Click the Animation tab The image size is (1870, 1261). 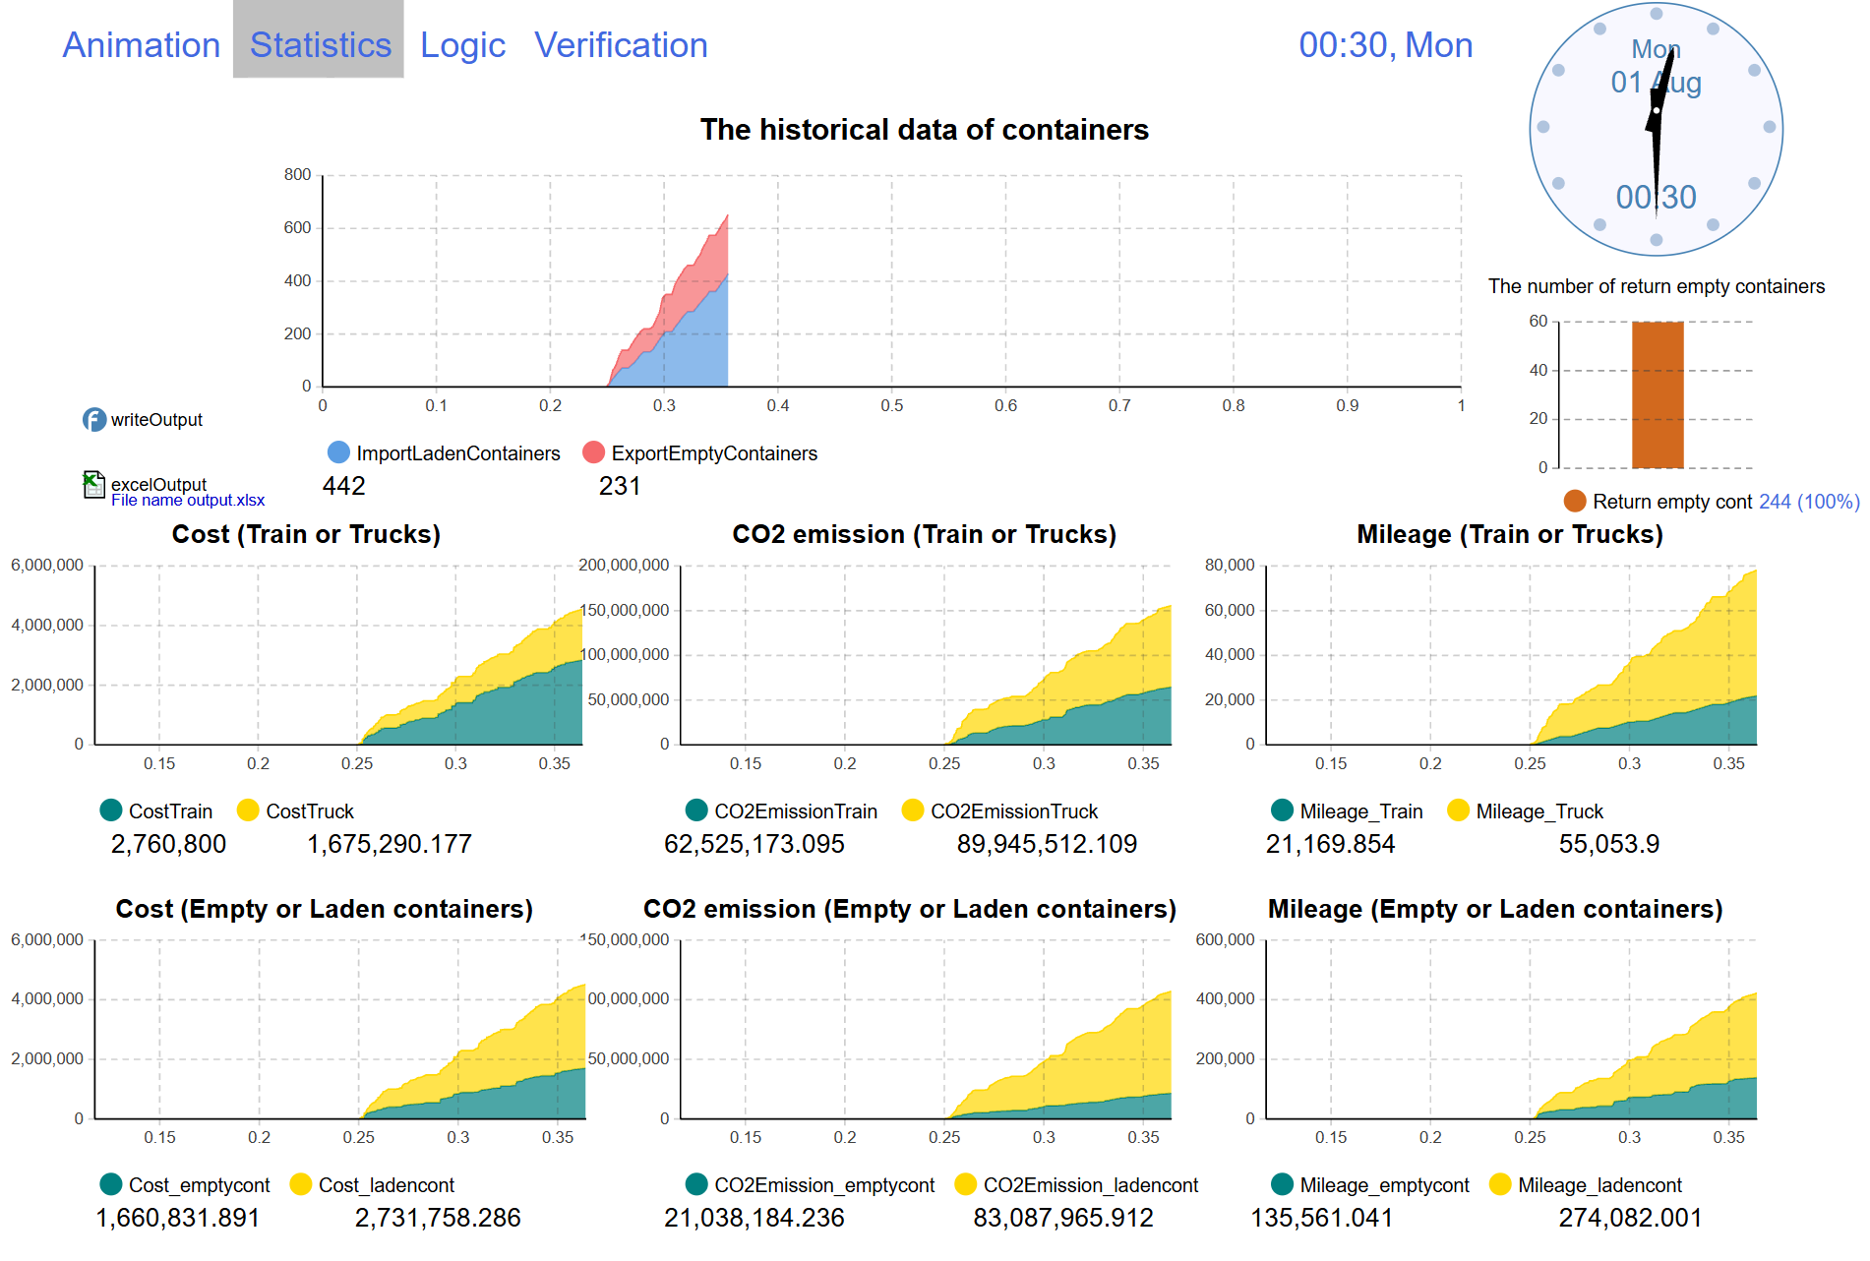pos(141,45)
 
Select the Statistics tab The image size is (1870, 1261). pos(320,45)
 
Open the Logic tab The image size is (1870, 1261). pos(462,45)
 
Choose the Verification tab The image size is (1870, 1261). pos(621,45)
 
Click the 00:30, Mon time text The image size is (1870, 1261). pos(1385,45)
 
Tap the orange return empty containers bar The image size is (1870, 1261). pos(1658,394)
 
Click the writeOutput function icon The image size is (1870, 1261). pos(93,420)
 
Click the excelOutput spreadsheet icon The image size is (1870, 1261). pos(93,484)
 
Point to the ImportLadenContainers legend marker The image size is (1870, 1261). pos(338,452)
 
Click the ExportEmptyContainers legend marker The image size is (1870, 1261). pos(593,452)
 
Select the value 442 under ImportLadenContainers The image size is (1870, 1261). pos(343,486)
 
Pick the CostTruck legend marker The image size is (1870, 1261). pos(248,811)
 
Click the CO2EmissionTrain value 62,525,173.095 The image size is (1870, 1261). pos(754,844)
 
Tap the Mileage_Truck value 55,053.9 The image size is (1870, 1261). pos(1608,844)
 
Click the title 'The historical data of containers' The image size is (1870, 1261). pos(924,130)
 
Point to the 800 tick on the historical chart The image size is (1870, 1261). pos(297,175)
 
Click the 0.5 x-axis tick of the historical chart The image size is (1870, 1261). pos(891,405)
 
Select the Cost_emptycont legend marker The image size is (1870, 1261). pos(111,1184)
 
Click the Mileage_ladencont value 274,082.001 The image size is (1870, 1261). pos(1629,1218)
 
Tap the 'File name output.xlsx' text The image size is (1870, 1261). pos(188,501)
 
